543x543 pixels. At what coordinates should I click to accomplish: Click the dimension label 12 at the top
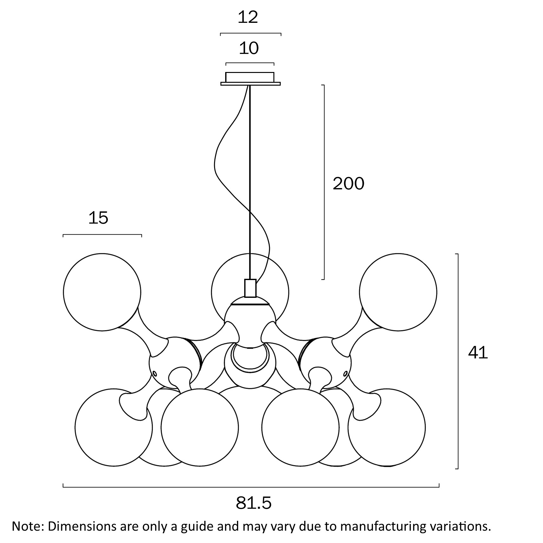point(248,17)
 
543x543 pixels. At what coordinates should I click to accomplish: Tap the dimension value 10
point(249,48)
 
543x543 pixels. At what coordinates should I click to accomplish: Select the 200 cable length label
point(348,184)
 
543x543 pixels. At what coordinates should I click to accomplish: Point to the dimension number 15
point(98,218)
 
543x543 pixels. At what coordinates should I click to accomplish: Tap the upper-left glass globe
point(102,292)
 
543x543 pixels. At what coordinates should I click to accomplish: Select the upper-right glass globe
point(398,292)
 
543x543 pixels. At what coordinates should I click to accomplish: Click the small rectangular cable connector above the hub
point(250,288)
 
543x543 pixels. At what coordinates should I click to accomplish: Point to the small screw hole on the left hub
point(154,373)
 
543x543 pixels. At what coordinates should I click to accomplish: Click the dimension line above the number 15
point(102,235)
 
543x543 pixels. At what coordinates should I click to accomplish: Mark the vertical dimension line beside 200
point(324,182)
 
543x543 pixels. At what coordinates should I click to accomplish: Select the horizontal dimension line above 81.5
point(251,487)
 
